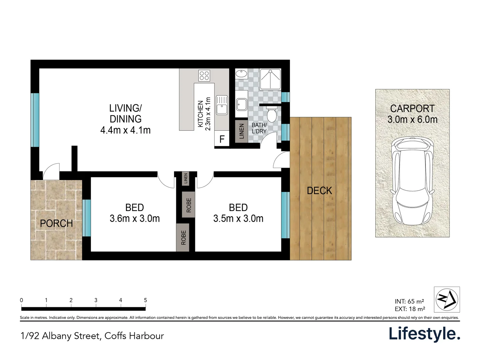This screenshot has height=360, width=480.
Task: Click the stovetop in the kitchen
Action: coord(204,75)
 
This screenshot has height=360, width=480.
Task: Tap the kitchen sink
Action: coord(222,105)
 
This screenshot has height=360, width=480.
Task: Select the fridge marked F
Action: coord(222,139)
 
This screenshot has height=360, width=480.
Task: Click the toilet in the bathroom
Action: coord(272,114)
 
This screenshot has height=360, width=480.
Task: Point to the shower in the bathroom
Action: coord(270,79)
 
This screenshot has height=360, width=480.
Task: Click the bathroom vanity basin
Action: coord(241,74)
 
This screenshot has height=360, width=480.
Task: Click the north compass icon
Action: coord(447,299)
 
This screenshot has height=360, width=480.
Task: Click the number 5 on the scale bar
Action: coord(145,300)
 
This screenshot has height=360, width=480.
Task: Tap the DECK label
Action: coord(319,191)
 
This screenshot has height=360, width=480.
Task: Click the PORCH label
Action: coord(56,223)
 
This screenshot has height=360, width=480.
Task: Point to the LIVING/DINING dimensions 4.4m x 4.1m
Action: coord(125,130)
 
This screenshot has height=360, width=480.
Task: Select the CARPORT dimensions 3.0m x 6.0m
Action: coord(412,120)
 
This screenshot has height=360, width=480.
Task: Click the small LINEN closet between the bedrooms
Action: coord(186,179)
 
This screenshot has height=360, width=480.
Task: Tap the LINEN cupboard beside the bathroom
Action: coord(242,131)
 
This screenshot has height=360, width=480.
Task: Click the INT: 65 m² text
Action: coord(409,302)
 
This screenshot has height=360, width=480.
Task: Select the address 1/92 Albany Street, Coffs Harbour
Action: coord(92,336)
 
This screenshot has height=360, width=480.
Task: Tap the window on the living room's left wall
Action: coord(35,120)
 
